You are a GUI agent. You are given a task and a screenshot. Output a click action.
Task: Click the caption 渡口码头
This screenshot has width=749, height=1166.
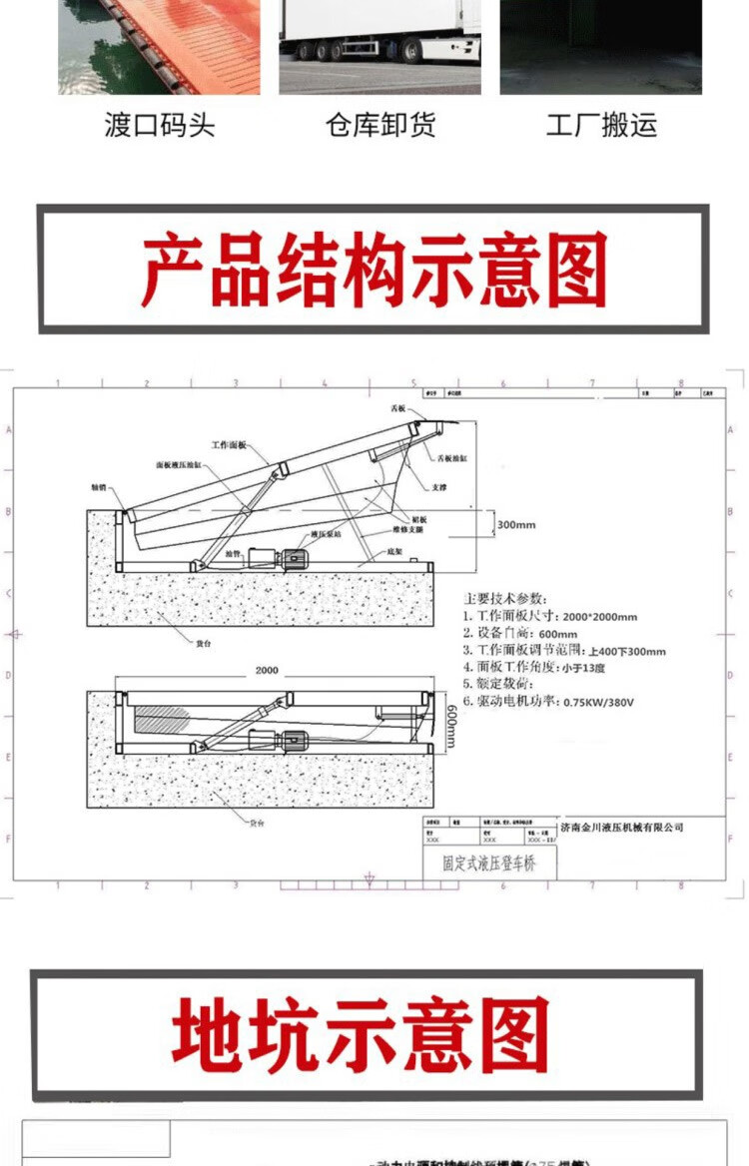[x=159, y=126]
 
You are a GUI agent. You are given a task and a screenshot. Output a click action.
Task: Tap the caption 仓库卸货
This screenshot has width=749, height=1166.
[x=380, y=126]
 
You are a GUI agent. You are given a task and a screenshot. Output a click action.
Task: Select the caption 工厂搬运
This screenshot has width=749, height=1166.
[x=601, y=126]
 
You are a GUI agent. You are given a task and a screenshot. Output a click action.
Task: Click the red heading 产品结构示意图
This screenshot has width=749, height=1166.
[x=374, y=270]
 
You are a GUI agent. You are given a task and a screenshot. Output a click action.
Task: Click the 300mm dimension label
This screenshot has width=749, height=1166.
[x=515, y=524]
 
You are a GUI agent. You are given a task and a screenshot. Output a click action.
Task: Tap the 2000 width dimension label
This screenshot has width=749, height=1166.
[x=266, y=671]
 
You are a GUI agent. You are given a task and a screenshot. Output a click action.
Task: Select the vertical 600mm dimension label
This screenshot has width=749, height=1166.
[x=450, y=722]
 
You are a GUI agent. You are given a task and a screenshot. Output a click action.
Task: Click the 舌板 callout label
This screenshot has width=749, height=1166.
[x=399, y=409]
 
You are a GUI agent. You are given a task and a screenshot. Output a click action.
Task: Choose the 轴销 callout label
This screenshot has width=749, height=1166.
[x=99, y=487]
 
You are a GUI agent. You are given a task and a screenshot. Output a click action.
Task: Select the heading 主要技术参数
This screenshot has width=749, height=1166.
[x=505, y=598]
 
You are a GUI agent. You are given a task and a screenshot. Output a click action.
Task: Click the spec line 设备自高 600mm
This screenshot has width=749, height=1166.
[x=520, y=634]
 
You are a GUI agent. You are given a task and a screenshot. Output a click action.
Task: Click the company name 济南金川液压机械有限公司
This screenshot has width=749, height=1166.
[x=622, y=828]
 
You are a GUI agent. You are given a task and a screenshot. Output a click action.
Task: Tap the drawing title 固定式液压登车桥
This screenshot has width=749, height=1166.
[x=488, y=864]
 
